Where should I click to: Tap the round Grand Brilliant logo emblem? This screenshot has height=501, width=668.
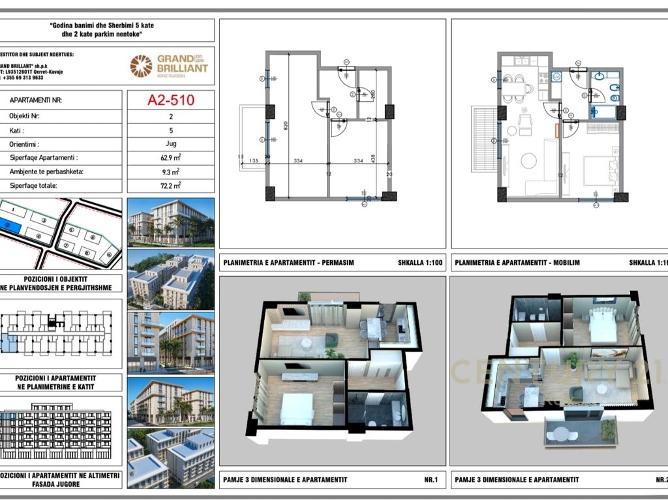(141, 66)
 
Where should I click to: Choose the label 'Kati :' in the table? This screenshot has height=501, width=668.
(20, 129)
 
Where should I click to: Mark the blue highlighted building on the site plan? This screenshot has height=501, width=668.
(12, 226)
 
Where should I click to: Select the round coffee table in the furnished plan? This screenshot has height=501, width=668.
(528, 160)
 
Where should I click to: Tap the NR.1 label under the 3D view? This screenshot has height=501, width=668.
(431, 480)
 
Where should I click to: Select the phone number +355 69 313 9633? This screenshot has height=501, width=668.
(23, 77)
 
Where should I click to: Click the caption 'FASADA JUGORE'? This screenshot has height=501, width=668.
(59, 484)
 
